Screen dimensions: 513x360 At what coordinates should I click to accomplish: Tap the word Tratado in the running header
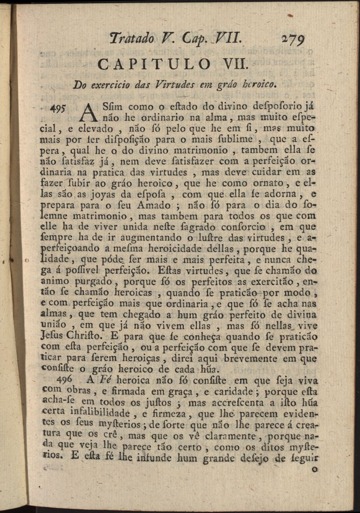[x=132, y=38]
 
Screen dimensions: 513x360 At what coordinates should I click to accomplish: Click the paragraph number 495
[x=56, y=108]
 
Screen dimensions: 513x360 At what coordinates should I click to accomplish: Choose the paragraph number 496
[x=63, y=380]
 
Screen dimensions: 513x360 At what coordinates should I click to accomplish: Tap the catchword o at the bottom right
[x=314, y=470]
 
